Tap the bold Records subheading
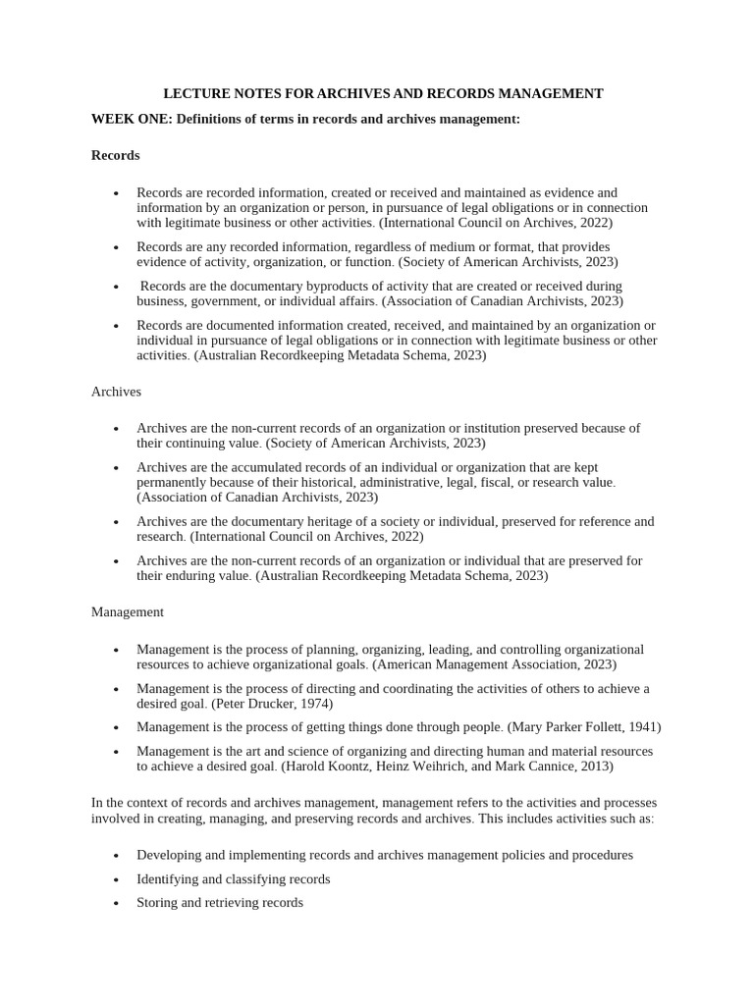click(115, 155)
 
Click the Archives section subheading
click(116, 392)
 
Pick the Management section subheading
click(127, 611)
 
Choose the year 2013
click(593, 766)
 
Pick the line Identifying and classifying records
click(234, 879)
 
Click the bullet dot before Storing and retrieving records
click(116, 903)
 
